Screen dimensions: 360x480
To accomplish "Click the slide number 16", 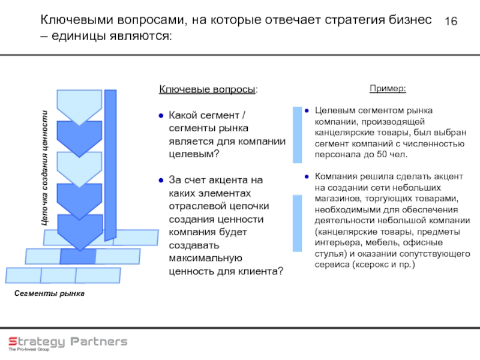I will point(451,22).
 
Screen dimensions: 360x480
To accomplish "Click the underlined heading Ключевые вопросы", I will point(207,89).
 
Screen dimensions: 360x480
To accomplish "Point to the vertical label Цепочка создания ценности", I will point(44,169).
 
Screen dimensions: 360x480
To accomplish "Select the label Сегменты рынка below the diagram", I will point(49,293).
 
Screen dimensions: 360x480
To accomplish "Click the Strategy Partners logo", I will point(67,341).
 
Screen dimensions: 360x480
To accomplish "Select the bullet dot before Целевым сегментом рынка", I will point(305,111).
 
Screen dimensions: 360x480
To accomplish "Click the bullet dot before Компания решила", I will point(305,176).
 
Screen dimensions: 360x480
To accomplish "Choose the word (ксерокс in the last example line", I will point(370,263).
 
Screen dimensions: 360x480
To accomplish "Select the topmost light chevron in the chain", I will point(79,106).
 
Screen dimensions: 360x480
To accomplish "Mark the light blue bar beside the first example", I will point(297,134).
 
